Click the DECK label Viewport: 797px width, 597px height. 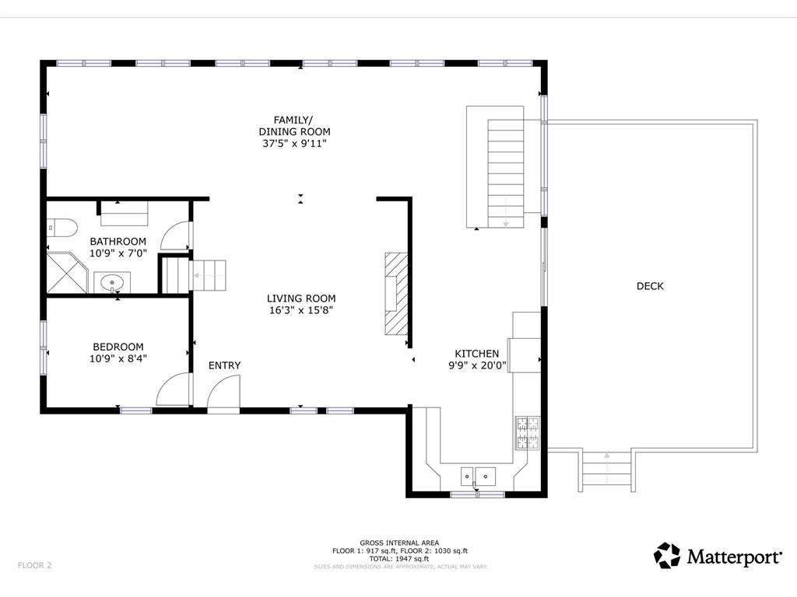(x=650, y=286)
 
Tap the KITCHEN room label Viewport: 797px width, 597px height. (x=477, y=354)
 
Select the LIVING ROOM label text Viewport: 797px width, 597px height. (x=301, y=298)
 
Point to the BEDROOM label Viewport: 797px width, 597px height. (x=118, y=347)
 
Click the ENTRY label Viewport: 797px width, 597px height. (x=224, y=365)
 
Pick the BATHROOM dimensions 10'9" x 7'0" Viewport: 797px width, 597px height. (x=118, y=253)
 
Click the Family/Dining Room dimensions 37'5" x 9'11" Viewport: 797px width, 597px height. (x=294, y=143)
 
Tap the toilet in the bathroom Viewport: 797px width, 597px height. (x=62, y=228)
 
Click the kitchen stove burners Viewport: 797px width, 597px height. (x=528, y=433)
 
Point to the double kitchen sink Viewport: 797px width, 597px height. (x=478, y=477)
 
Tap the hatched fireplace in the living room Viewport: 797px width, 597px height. (x=396, y=294)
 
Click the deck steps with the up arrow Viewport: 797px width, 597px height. (x=606, y=470)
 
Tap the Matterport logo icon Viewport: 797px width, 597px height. (x=666, y=555)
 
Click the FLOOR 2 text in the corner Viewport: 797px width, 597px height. (x=34, y=565)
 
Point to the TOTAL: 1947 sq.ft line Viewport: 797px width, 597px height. (x=399, y=559)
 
